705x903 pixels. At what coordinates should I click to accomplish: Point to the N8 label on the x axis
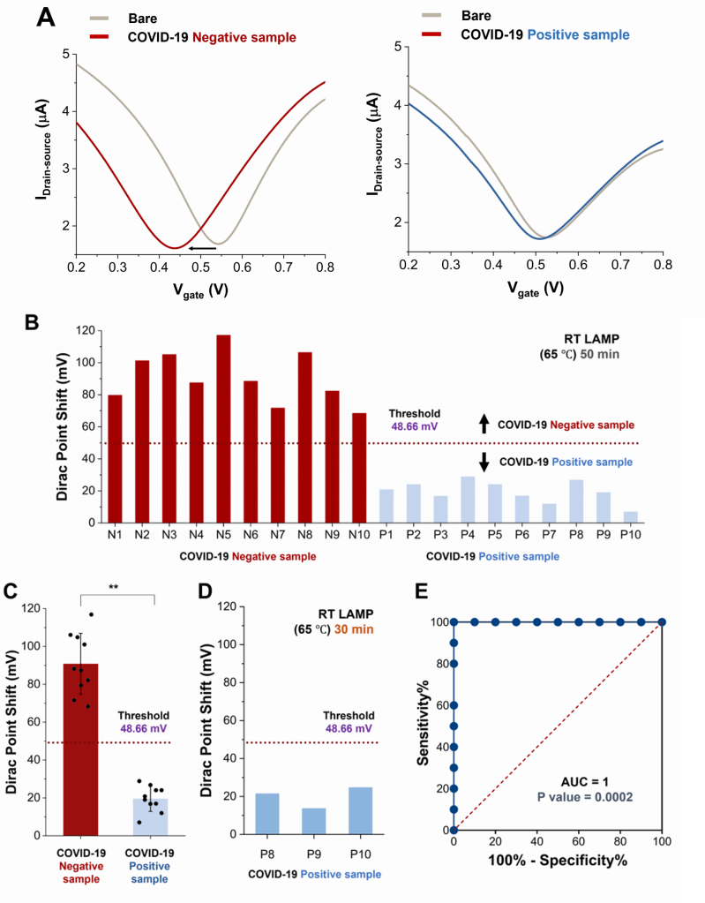[x=306, y=535]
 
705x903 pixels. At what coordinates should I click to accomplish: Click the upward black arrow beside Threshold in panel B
[x=484, y=425]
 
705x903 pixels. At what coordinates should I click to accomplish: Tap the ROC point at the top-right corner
[x=662, y=622]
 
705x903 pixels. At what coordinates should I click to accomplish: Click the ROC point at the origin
[x=454, y=831]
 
